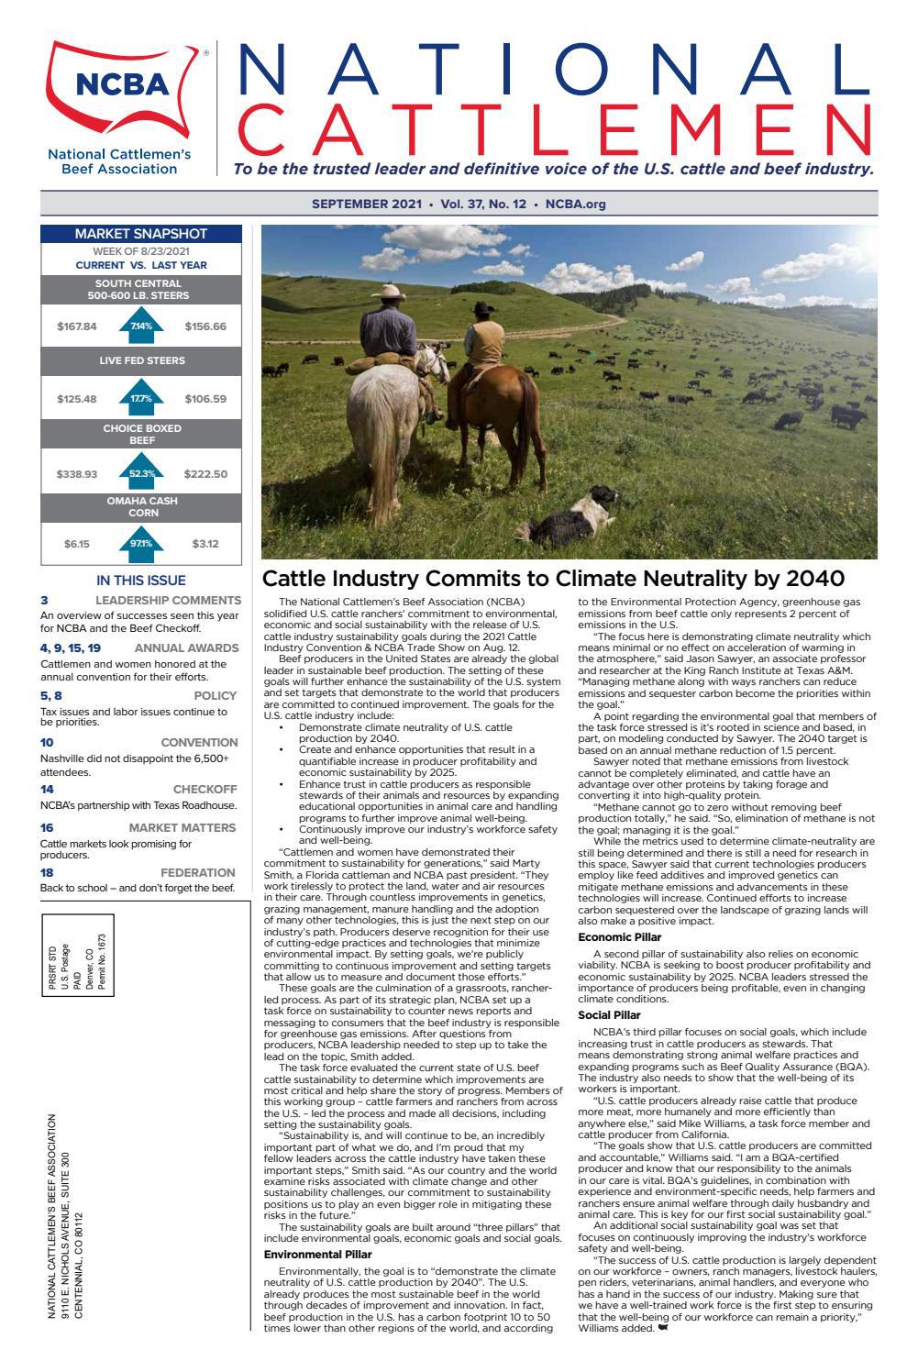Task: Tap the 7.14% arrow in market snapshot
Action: [x=140, y=326]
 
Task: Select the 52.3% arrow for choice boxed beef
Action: [x=140, y=473]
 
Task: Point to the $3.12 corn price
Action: [x=205, y=544]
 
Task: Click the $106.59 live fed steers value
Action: [x=205, y=399]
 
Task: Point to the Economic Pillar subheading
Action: [x=619, y=936]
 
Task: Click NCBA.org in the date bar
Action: [x=576, y=204]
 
